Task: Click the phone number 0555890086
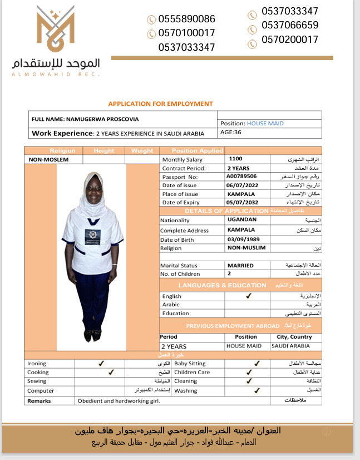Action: click(x=186, y=19)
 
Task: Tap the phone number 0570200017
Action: click(x=290, y=40)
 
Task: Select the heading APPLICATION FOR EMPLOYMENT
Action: click(x=160, y=104)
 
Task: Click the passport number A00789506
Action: click(x=241, y=177)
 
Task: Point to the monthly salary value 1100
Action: click(x=235, y=159)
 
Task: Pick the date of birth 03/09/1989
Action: click(x=244, y=239)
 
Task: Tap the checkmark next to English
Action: click(x=248, y=296)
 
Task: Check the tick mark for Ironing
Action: click(x=101, y=363)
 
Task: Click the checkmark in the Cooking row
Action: click(x=111, y=372)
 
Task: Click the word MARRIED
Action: click(x=240, y=266)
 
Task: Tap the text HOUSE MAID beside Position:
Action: click(x=265, y=123)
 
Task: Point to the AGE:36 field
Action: click(x=231, y=133)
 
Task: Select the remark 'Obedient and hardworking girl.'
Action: click(x=119, y=401)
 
